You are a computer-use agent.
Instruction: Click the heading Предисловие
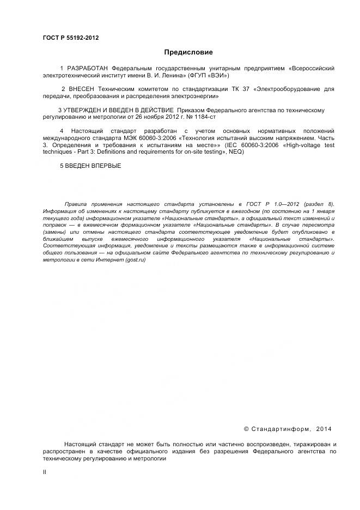click(x=188, y=52)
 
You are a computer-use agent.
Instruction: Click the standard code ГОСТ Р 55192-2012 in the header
click(x=71, y=38)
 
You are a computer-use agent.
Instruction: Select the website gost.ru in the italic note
click(x=135, y=260)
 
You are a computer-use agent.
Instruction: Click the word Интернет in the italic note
click(x=107, y=260)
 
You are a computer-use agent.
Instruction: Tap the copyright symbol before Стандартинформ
click(x=246, y=429)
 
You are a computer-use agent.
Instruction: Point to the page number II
click(x=45, y=472)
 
